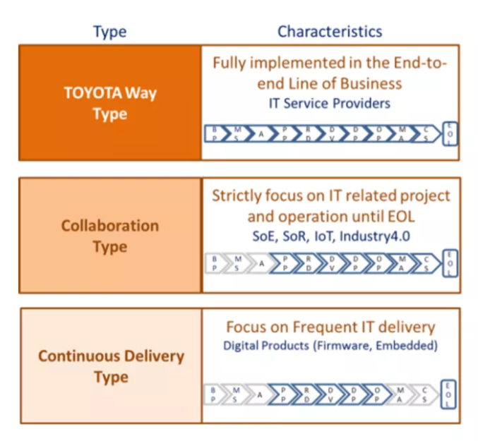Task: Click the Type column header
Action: (109, 32)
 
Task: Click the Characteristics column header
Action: (329, 32)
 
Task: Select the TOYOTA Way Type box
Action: (110, 104)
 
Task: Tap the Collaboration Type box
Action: (110, 236)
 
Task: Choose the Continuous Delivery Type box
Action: (110, 366)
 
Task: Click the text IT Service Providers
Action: (330, 103)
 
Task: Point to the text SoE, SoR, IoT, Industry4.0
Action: (330, 236)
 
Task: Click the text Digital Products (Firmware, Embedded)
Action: (330, 346)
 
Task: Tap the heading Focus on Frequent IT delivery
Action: (330, 327)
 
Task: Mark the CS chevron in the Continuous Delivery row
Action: (425, 394)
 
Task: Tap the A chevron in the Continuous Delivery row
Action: (261, 394)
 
